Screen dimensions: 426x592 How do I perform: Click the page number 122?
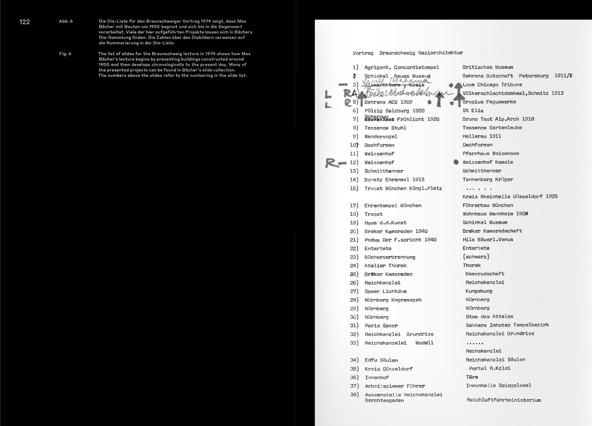(x=24, y=22)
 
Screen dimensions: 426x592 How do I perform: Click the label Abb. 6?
(x=65, y=21)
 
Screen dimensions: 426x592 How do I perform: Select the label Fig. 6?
(x=65, y=54)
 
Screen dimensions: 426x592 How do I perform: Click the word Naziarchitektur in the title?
(x=440, y=53)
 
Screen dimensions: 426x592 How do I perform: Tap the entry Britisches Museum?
(x=487, y=67)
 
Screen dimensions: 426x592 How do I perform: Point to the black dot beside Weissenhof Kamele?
(x=456, y=162)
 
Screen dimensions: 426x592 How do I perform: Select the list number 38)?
(x=354, y=395)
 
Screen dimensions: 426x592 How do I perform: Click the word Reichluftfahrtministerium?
(x=503, y=400)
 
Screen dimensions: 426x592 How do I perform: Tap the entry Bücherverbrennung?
(x=390, y=257)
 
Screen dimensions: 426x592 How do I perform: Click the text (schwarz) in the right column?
(x=476, y=257)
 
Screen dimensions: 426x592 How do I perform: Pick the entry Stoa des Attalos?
(x=489, y=317)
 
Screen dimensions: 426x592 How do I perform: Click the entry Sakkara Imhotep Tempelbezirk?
(x=507, y=325)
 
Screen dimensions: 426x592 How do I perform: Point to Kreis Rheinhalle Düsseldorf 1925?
(x=509, y=197)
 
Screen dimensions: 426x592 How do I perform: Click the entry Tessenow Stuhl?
(x=385, y=128)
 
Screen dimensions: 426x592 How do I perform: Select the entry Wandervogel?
(x=380, y=137)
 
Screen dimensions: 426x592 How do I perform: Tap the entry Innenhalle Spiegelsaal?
(x=498, y=386)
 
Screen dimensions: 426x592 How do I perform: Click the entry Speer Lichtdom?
(x=385, y=292)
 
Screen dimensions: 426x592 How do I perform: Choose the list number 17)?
(x=354, y=206)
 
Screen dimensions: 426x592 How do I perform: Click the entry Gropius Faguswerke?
(x=489, y=102)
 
